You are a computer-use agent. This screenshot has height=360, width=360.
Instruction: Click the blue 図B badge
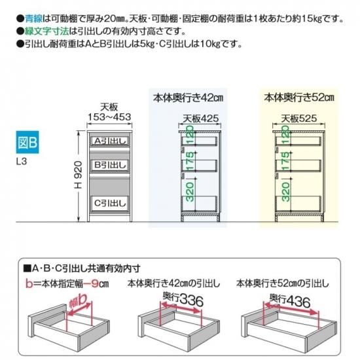point(27,142)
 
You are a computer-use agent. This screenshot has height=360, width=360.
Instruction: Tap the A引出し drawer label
point(110,141)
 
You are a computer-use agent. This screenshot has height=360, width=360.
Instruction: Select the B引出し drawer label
point(110,164)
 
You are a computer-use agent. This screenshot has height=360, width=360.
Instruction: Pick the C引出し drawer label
point(110,203)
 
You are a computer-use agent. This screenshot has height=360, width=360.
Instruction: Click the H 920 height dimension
point(78,175)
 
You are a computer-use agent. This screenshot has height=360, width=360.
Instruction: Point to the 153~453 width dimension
point(109,117)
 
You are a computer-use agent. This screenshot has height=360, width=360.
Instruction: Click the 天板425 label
point(200,118)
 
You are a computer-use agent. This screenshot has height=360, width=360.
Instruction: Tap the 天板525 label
point(299,118)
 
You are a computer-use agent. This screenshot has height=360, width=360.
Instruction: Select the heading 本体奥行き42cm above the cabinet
point(188,98)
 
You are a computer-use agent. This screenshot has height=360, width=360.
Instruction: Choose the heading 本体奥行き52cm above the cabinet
point(299,98)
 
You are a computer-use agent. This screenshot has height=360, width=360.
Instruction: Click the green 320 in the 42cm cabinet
point(190,192)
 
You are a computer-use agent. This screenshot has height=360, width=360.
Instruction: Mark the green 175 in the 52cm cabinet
point(285,161)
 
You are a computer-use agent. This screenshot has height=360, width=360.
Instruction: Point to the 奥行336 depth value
point(183,299)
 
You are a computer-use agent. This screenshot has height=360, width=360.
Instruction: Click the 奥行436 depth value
point(290,300)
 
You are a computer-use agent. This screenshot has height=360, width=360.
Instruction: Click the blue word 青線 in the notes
point(33,18)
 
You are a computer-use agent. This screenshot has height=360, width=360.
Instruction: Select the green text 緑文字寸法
point(47,31)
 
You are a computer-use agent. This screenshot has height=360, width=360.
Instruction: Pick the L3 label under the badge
point(22,162)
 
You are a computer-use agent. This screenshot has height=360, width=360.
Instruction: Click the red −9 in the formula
point(91,284)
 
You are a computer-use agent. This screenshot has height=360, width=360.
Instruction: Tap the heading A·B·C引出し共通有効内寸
point(82,268)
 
